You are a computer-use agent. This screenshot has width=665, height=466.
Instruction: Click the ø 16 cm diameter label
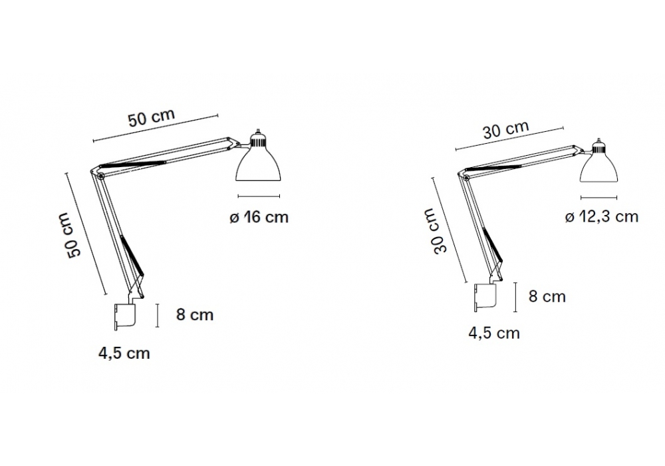[259, 217]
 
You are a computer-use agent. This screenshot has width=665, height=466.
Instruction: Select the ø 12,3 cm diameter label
[601, 217]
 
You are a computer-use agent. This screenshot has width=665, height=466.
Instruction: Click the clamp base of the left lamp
[125, 317]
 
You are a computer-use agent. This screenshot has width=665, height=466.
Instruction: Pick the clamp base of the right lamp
[485, 298]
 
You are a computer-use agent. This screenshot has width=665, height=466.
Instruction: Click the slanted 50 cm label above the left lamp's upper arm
[152, 118]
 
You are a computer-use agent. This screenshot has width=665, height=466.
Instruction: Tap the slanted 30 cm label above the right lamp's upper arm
[506, 129]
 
